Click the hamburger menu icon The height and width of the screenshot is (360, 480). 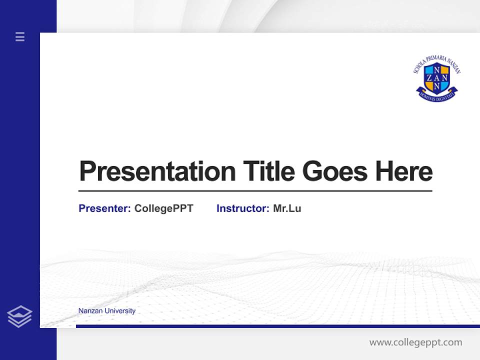[20, 36]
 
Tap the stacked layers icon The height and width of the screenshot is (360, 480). [19, 316]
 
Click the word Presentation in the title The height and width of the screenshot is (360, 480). [157, 171]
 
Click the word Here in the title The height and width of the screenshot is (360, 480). [404, 171]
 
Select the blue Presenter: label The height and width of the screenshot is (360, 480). [104, 208]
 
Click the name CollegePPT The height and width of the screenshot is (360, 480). [163, 208]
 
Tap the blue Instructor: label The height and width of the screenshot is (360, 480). [242, 208]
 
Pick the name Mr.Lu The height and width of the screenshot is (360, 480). [287, 208]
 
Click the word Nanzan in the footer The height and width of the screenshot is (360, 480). [89, 311]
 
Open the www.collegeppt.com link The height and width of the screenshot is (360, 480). [415, 342]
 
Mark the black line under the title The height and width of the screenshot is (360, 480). [255, 190]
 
